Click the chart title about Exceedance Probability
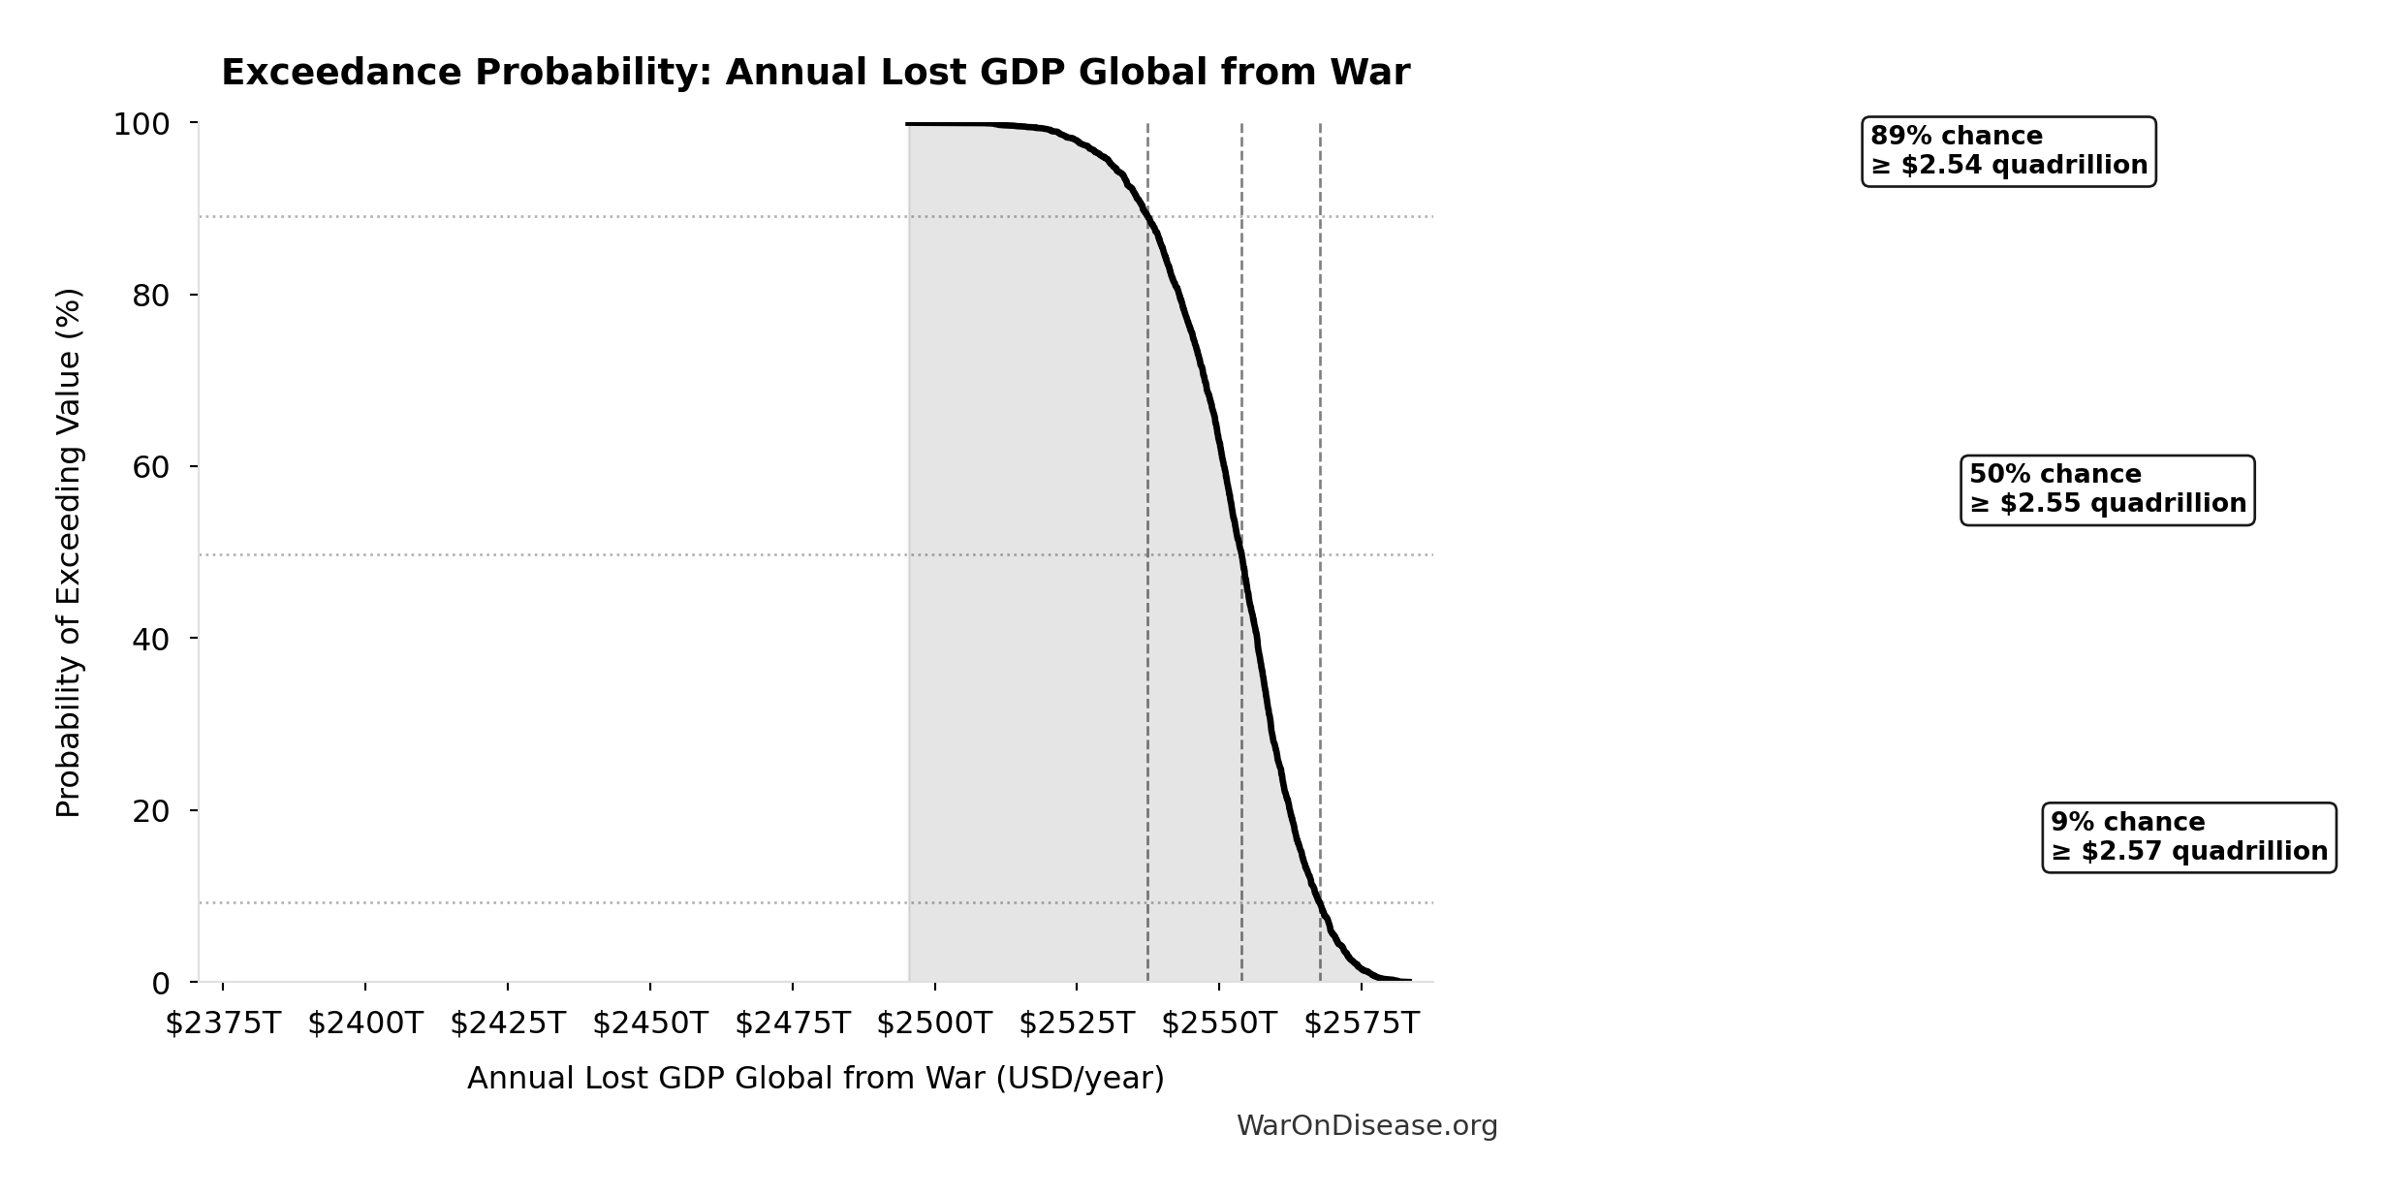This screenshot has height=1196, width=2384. (x=815, y=73)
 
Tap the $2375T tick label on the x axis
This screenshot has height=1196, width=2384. (x=223, y=1023)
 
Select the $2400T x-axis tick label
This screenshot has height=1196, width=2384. (x=365, y=1023)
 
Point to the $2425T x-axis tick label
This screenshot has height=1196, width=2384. (x=508, y=1023)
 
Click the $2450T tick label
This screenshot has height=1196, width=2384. (x=650, y=1023)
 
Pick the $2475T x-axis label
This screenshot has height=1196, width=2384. (x=793, y=1023)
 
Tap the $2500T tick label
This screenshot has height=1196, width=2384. (x=935, y=1023)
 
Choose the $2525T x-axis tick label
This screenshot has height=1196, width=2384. (x=1077, y=1023)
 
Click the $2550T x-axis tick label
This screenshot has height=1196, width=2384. (x=1219, y=1023)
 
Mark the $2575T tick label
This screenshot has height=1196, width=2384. (x=1362, y=1023)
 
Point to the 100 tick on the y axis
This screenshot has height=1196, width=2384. (x=141, y=125)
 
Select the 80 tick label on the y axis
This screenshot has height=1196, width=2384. (x=151, y=297)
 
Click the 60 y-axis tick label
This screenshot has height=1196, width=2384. (x=151, y=468)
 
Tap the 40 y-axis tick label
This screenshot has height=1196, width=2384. (x=151, y=640)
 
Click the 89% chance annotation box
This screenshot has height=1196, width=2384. (x=2008, y=151)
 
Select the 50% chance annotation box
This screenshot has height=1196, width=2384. (x=2107, y=489)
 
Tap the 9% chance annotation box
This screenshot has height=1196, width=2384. (x=2188, y=837)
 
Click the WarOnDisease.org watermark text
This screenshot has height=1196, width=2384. (x=1366, y=1126)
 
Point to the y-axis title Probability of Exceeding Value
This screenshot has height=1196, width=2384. (x=69, y=552)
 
